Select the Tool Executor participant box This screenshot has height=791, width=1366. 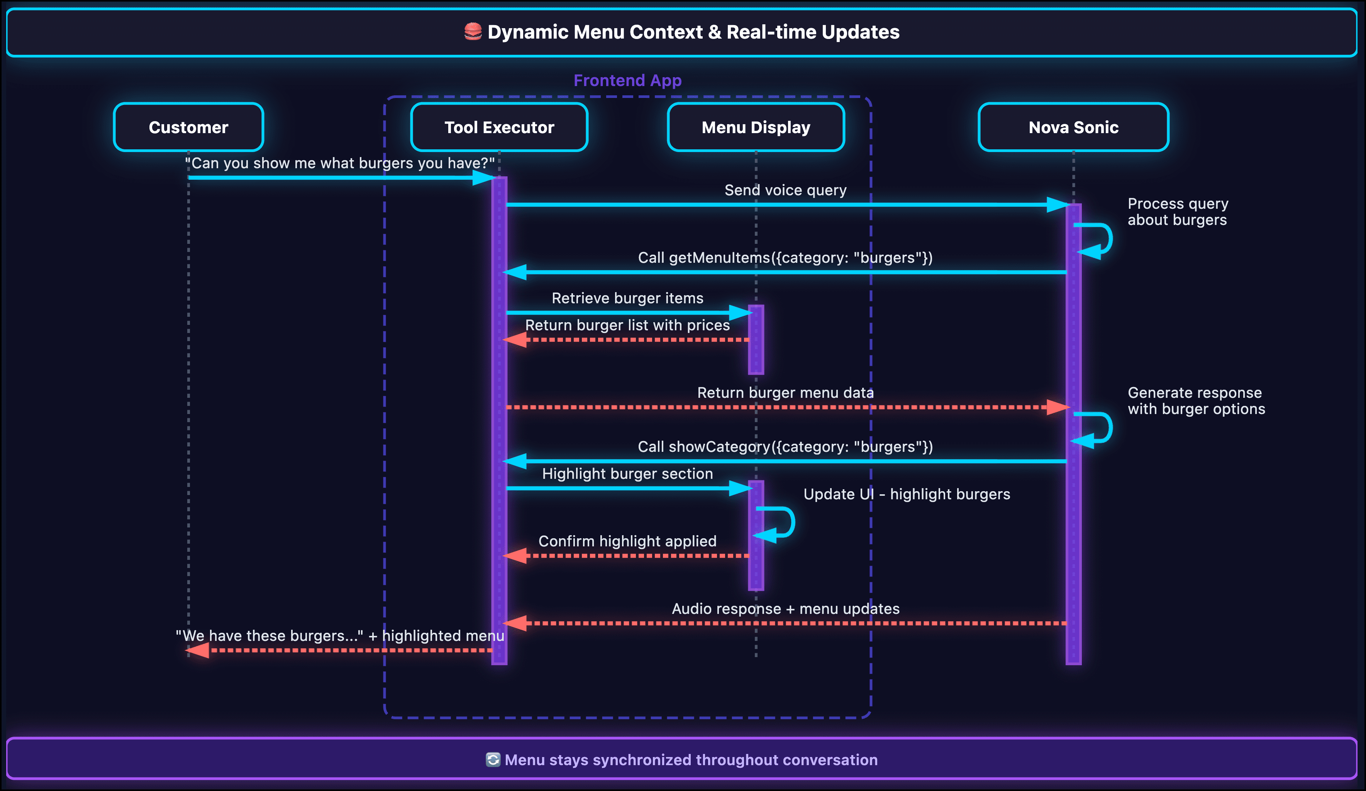(x=499, y=127)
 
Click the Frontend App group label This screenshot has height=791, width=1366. (x=627, y=81)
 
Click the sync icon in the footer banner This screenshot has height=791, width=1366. (x=493, y=760)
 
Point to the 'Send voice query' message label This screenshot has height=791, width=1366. (x=785, y=190)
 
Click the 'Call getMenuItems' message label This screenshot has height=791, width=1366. (x=785, y=258)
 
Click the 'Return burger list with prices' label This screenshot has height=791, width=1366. (x=627, y=325)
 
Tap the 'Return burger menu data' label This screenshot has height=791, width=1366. (x=785, y=393)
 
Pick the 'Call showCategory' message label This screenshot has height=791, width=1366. (x=785, y=447)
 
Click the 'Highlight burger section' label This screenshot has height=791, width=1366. (x=627, y=474)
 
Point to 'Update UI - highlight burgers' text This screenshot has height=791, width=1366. (x=906, y=494)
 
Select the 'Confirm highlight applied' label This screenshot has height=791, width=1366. (x=627, y=541)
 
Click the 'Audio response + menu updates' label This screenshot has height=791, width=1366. (x=785, y=609)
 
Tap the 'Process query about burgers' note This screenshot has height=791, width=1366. (x=1177, y=212)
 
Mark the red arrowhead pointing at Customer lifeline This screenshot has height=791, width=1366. (x=198, y=650)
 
